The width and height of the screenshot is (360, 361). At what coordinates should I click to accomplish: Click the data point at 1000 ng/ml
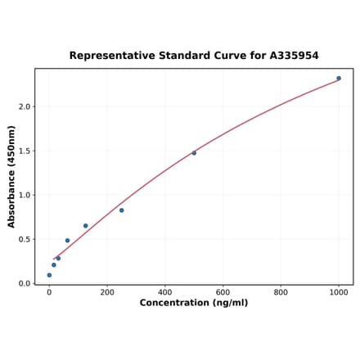[x=339, y=79]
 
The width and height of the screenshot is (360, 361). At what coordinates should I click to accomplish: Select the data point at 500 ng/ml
[x=194, y=153]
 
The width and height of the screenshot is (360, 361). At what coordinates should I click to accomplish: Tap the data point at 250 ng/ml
[x=122, y=210]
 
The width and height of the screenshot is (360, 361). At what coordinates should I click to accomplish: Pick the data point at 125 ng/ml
[x=85, y=226]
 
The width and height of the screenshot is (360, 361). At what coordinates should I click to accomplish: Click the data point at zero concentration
[x=49, y=275]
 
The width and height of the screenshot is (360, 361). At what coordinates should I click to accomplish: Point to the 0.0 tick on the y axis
[x=24, y=284]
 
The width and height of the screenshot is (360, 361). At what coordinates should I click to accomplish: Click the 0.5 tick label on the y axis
[x=24, y=240]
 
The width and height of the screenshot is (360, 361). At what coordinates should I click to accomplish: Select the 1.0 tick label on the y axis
[x=24, y=196]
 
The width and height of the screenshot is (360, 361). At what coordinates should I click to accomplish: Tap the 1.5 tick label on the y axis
[x=24, y=151]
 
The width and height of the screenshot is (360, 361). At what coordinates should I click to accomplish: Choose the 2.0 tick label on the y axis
[x=24, y=107]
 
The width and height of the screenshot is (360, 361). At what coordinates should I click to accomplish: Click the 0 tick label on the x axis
[x=49, y=292]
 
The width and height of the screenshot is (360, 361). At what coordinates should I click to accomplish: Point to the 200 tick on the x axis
[x=107, y=292]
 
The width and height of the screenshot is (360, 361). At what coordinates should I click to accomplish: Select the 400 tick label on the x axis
[x=165, y=292]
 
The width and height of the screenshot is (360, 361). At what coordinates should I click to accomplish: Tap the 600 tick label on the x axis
[x=223, y=292]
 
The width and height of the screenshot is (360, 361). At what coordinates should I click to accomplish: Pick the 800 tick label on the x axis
[x=281, y=292]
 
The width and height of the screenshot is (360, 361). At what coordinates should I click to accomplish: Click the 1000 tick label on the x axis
[x=339, y=292]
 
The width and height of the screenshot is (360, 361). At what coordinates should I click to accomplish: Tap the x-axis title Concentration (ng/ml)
[x=194, y=304]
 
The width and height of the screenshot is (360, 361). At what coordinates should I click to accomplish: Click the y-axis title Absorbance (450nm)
[x=11, y=176]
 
